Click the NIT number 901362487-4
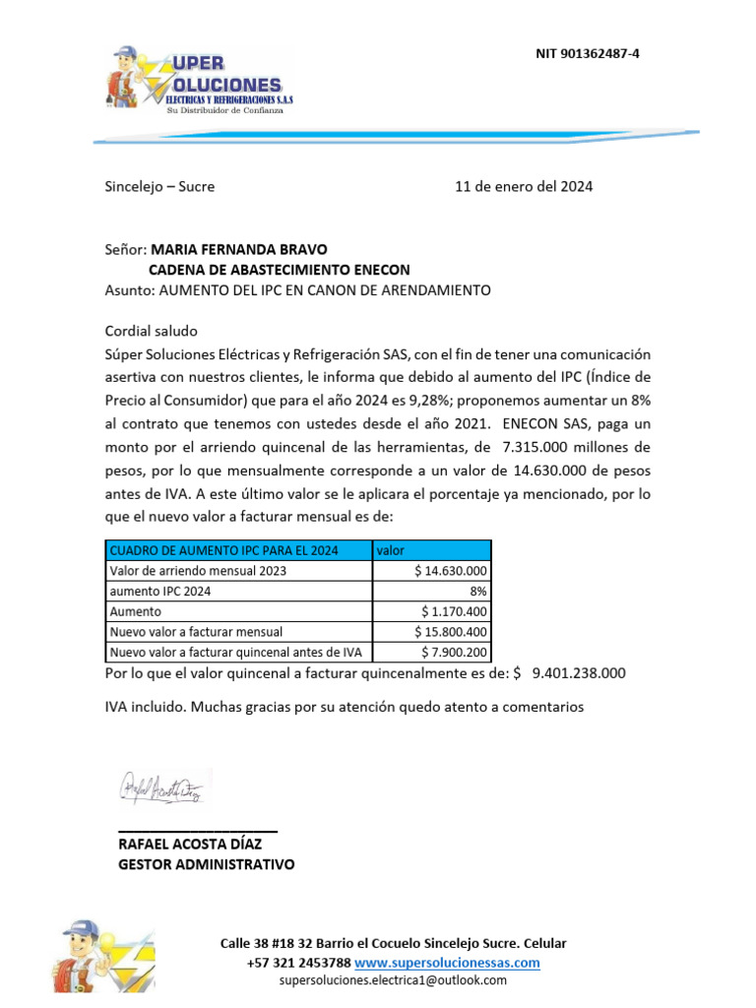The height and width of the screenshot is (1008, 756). coord(586,53)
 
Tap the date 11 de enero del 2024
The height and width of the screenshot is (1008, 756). coord(523,186)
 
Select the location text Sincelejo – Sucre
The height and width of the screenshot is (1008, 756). coord(159,186)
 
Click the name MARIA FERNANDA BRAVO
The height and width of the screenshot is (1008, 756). coord(239,249)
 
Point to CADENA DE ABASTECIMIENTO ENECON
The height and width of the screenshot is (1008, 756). coord(279,270)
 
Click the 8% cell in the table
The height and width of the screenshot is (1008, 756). coord(478,591)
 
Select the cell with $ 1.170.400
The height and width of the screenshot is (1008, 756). coord(455,611)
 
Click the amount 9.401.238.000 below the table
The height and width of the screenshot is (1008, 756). coord(578,673)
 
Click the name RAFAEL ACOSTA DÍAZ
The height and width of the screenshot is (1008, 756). coord(195,844)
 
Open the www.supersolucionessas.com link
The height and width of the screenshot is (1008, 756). coord(447,962)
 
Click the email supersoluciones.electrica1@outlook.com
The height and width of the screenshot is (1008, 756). coord(393,979)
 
